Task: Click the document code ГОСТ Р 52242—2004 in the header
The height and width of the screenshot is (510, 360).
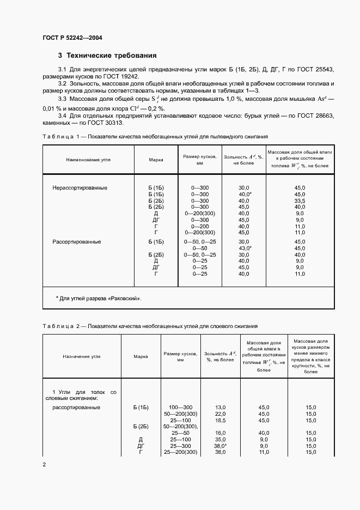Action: point(72,38)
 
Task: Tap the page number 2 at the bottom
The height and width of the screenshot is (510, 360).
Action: point(44,464)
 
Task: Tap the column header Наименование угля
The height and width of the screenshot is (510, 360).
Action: point(88,160)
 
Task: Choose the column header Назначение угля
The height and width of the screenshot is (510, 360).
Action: point(81,356)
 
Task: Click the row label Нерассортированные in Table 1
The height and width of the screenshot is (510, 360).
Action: point(80,187)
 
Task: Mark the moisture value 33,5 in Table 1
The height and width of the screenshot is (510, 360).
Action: point(300,201)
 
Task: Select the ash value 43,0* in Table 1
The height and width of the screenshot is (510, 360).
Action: point(245,248)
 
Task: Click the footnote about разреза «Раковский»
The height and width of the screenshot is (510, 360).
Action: point(99,299)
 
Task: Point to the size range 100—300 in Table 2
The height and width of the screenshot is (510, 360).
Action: point(181,407)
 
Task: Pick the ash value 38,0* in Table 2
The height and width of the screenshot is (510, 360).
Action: point(221,446)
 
